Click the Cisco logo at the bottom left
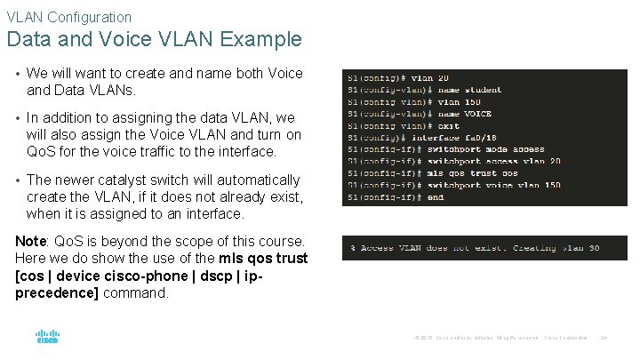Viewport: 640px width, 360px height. (47, 337)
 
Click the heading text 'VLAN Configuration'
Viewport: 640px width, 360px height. (68, 17)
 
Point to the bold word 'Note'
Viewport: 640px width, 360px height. (31, 242)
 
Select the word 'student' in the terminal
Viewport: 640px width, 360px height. (483, 90)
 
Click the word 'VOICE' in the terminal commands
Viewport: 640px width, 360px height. (477, 114)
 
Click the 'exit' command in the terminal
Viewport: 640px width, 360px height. (449, 126)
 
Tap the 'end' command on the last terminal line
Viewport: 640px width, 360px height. (436, 197)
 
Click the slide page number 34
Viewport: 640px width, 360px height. (604, 338)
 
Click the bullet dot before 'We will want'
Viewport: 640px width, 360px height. (18, 74)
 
